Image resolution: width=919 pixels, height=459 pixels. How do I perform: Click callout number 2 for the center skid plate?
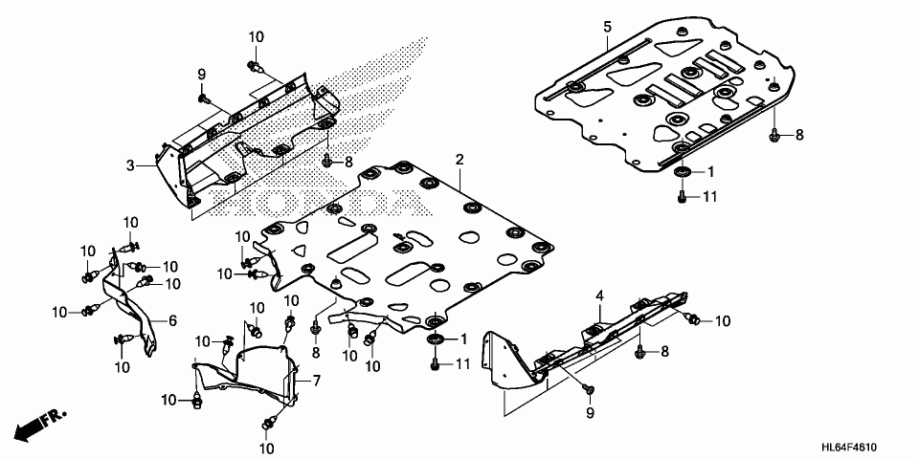pyautogui.click(x=459, y=159)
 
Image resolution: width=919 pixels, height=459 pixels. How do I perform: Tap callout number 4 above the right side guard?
pyautogui.click(x=599, y=297)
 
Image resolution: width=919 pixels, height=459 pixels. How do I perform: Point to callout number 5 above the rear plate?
pyautogui.click(x=607, y=26)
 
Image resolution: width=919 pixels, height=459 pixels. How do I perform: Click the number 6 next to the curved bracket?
pyautogui.click(x=173, y=320)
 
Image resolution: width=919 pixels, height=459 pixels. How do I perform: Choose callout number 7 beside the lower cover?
pyautogui.click(x=317, y=381)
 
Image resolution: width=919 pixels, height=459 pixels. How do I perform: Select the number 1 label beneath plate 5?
pyautogui.click(x=710, y=173)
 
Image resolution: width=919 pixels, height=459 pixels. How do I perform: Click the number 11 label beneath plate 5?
pyautogui.click(x=709, y=197)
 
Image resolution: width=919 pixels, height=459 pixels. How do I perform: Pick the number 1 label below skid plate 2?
pyautogui.click(x=464, y=339)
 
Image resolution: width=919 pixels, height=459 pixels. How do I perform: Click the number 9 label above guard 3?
pyautogui.click(x=202, y=75)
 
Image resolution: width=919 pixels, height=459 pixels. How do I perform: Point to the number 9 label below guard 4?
pyautogui.click(x=590, y=413)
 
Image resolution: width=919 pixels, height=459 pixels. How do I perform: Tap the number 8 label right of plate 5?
pyautogui.click(x=799, y=136)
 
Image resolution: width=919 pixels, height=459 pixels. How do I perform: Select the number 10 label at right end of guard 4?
pyautogui.click(x=722, y=320)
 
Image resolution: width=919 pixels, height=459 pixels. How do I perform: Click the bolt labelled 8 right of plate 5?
pyautogui.click(x=774, y=136)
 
